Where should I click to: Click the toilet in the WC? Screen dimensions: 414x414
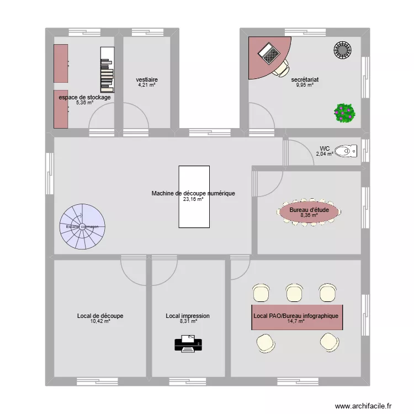click(x=347, y=150)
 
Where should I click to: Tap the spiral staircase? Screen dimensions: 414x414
click(x=82, y=226)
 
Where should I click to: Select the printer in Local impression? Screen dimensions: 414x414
click(x=188, y=344)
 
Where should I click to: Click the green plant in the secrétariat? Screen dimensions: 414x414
click(x=344, y=113)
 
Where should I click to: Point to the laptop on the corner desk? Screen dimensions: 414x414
click(x=270, y=53)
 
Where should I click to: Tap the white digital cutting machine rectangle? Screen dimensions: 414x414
click(x=194, y=197)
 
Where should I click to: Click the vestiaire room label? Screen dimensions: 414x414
click(x=147, y=79)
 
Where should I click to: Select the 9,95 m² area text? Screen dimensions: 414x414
click(x=305, y=85)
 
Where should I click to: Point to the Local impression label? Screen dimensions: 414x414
click(x=187, y=316)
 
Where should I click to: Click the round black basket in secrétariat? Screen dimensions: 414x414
click(x=343, y=50)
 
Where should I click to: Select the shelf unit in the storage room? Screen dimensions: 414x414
click(x=107, y=69)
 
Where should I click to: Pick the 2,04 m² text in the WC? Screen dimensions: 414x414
click(x=325, y=155)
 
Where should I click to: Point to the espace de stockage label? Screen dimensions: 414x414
click(x=84, y=97)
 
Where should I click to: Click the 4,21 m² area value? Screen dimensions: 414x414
click(x=147, y=85)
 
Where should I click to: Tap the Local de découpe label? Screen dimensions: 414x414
click(x=100, y=316)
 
